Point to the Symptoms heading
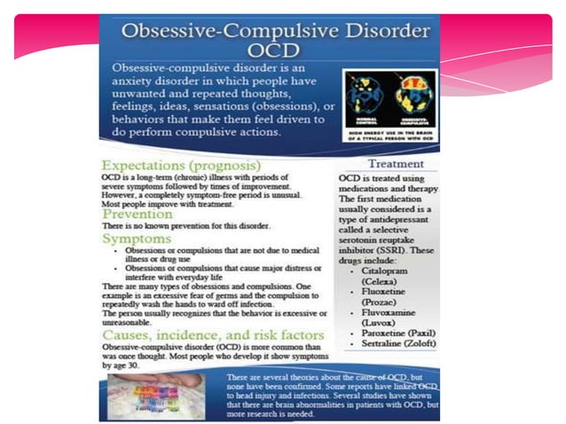point(135,239)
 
